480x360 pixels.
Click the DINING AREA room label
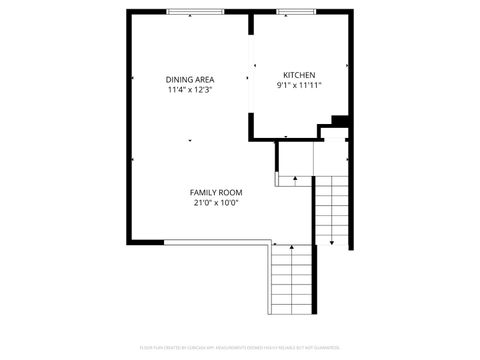(x=190, y=79)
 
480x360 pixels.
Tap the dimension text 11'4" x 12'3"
(x=190, y=89)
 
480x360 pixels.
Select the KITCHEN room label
(x=299, y=75)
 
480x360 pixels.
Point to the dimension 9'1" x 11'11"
(x=299, y=86)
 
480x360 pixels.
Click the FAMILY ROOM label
(x=216, y=192)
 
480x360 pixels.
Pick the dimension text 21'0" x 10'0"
(x=216, y=203)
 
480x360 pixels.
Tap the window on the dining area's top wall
(x=195, y=12)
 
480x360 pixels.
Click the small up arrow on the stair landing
(x=295, y=180)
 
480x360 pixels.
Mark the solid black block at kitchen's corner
(x=339, y=122)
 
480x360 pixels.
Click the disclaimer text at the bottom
(x=239, y=347)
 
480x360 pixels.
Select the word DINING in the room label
(x=179, y=79)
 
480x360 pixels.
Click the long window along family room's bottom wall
(x=216, y=241)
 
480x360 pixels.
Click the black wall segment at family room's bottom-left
(x=145, y=241)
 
